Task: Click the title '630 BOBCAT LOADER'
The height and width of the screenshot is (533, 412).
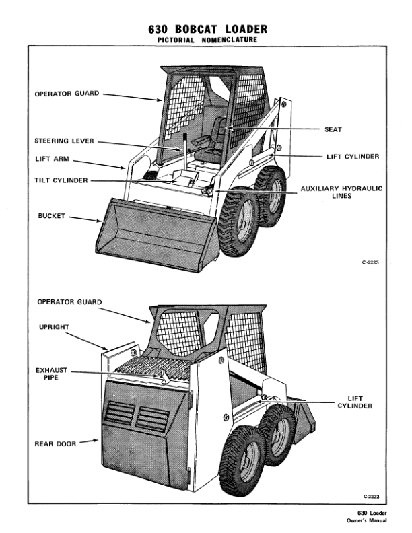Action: [207, 29]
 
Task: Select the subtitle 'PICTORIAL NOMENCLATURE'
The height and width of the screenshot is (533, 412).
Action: [207, 40]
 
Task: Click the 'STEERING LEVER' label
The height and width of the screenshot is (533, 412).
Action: [64, 141]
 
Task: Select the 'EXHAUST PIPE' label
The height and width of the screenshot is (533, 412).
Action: [49, 374]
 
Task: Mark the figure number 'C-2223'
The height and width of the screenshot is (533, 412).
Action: [370, 263]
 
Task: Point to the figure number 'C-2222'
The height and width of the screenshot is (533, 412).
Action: [370, 496]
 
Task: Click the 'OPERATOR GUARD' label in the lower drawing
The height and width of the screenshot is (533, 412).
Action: [70, 302]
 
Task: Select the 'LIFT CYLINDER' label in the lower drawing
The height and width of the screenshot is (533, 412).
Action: [355, 402]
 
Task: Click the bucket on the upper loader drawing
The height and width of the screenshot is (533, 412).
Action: [155, 232]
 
